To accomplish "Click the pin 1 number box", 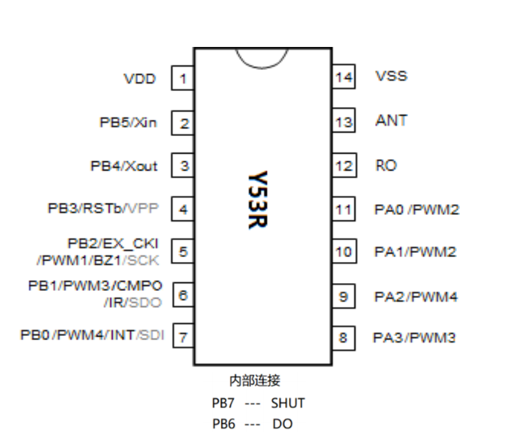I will click(x=182, y=78).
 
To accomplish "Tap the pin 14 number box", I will click(x=343, y=77).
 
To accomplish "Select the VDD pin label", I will click(x=140, y=79).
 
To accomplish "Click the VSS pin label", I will click(x=391, y=76).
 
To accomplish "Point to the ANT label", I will click(x=391, y=120).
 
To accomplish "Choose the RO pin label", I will click(x=386, y=166).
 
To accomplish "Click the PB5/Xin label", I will click(x=128, y=123).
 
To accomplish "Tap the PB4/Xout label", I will click(x=124, y=166).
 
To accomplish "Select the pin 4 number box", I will click(x=182, y=210).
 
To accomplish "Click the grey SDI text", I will click(x=151, y=335).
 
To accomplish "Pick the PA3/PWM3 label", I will click(x=414, y=337).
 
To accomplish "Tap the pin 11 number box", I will click(x=343, y=210).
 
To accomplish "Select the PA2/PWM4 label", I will click(x=415, y=296).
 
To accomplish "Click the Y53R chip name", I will click(x=258, y=200).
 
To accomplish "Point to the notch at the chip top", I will click(x=262, y=57).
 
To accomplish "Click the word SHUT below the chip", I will click(x=288, y=403).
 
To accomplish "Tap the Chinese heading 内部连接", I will click(x=255, y=381).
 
